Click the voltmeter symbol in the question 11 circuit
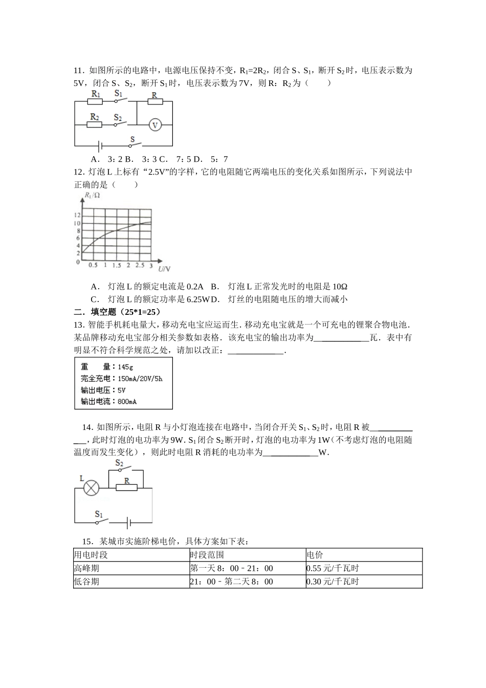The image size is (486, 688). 154,124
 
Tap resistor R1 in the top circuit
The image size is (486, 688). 96,101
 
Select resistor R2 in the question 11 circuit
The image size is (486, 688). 95,124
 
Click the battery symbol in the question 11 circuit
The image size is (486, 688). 101,145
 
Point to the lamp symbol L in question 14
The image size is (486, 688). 91,487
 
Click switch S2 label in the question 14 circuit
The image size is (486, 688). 119,463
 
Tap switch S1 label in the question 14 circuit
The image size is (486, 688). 99,513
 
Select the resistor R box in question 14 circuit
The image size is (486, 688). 126,487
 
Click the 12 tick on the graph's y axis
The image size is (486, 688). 78,215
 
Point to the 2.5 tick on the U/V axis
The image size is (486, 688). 140,265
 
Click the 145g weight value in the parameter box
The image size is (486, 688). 125,367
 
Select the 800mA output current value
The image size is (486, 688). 127,402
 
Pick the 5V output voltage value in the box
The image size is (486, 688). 121,390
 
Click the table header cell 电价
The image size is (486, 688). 315,555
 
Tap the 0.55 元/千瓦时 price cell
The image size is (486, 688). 333,568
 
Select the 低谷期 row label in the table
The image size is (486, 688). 86,582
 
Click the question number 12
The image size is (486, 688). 79,172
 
